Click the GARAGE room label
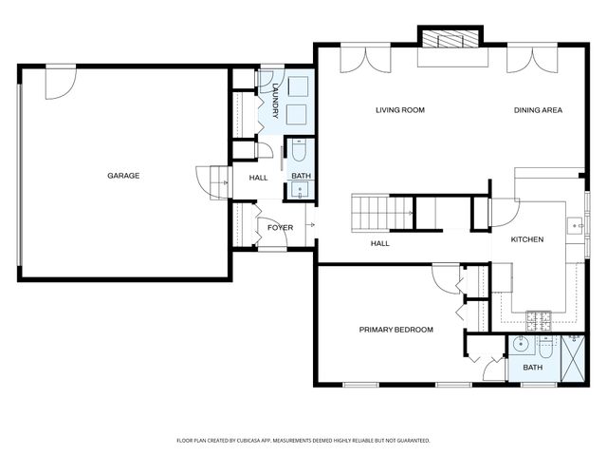[123, 176]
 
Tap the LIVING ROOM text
[399, 110]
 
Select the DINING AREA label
[538, 110]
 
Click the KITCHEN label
[527, 239]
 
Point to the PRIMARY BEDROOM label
[395, 330]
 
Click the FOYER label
[280, 228]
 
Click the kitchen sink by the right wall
[575, 226]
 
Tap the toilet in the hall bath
[299, 152]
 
